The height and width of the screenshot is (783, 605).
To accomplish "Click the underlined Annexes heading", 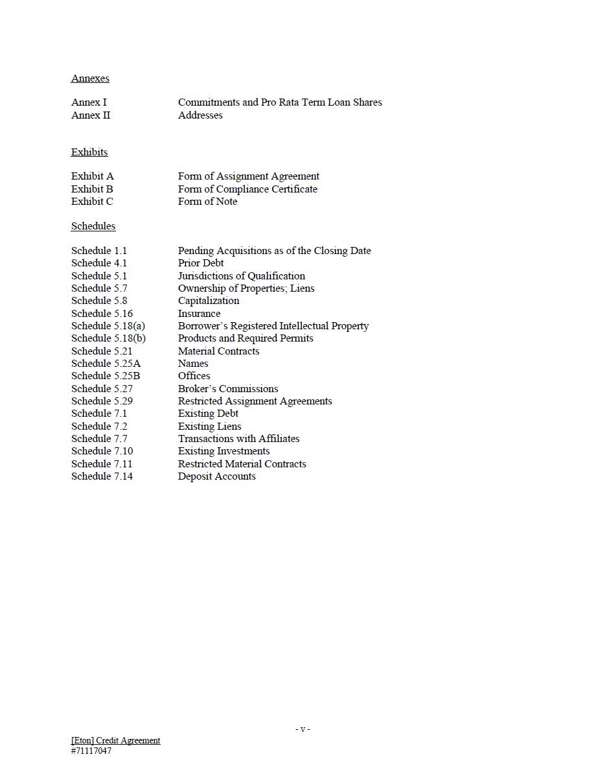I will pos(90,78).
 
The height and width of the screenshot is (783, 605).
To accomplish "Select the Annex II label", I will pos(91,115).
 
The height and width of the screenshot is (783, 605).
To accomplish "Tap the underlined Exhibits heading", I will pos(89,152).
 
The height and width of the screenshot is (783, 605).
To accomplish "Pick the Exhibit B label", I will pos(92,189).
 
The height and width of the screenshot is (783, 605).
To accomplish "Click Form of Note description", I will pos(207,202).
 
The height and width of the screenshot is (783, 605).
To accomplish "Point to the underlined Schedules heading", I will pos(93,226).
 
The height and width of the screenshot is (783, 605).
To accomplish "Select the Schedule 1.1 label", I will pos(99,251).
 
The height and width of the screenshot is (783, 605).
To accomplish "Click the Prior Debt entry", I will pos(201,263).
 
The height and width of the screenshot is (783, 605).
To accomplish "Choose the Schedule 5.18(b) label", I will pos(108,338).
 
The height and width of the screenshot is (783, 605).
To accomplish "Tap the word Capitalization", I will pos(209,301).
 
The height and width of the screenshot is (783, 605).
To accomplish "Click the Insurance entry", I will pos(199,314).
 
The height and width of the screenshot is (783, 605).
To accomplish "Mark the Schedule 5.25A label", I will pos(106,364).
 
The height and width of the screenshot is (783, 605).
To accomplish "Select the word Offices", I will pos(194,376).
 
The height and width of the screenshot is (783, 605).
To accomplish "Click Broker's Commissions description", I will pos(228,389).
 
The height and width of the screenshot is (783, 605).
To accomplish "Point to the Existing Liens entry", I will pos(209,427).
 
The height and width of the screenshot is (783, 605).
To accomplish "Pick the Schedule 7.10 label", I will pos(102,451).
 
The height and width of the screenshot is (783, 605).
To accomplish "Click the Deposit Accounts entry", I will pos(216,476).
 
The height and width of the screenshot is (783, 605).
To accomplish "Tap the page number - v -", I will pos(302,729).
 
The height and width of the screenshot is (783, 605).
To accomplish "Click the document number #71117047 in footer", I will pos(91,751).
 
